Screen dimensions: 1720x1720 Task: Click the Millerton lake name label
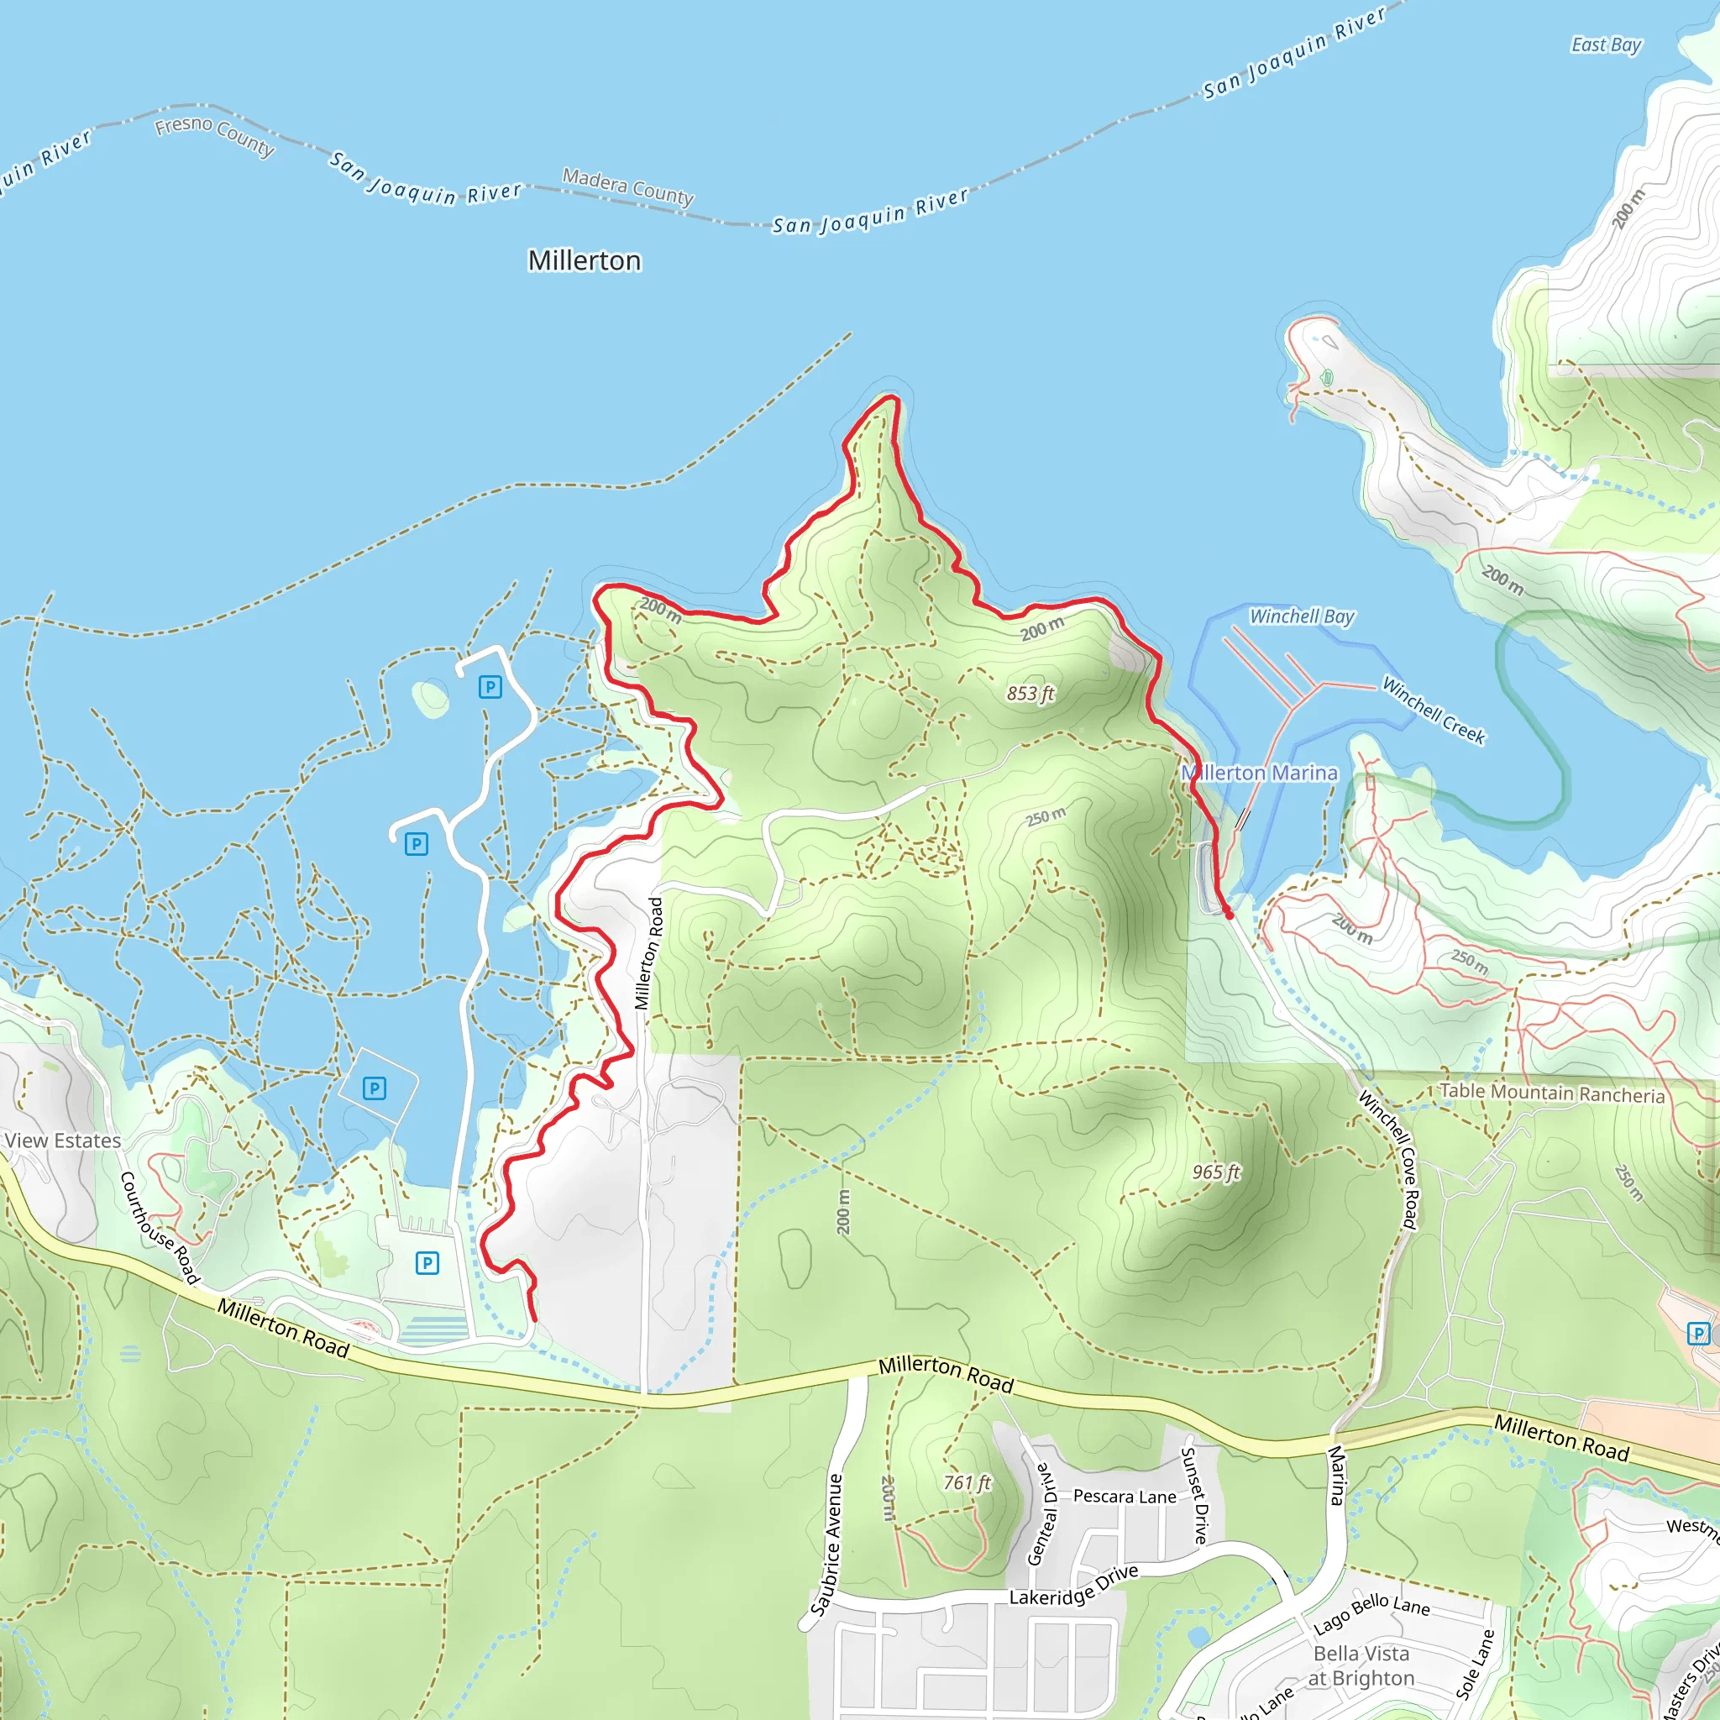tap(584, 261)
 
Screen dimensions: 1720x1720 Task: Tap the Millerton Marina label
tap(1259, 773)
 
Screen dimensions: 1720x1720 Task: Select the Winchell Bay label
tap(1301, 616)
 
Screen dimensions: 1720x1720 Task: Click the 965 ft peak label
tap(1215, 1172)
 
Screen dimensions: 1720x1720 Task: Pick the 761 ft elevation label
tap(967, 1483)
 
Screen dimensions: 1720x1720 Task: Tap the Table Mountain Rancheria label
tap(1552, 1093)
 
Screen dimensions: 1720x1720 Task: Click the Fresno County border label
tap(214, 136)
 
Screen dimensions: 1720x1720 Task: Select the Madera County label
tap(627, 187)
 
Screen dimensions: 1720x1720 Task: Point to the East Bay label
tap(1605, 45)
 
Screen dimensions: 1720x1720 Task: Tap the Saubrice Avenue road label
tap(826, 1544)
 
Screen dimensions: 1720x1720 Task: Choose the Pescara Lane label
tap(1125, 1497)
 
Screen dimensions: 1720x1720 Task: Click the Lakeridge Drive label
tap(1072, 1586)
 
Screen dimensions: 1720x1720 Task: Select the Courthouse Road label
tap(160, 1228)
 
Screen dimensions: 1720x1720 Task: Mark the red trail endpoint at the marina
tap(1230, 915)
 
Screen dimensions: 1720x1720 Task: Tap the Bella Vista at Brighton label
tap(1361, 1665)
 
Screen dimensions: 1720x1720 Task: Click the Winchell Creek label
tap(1433, 711)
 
